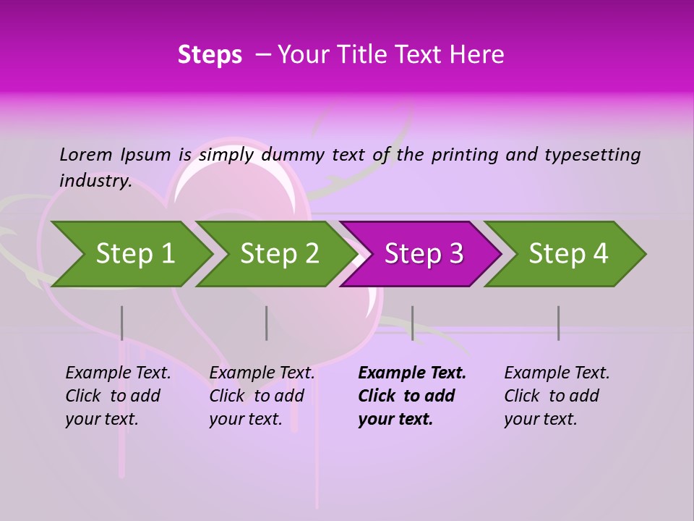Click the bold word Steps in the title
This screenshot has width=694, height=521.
point(210,54)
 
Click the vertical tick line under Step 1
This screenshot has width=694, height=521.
point(122,323)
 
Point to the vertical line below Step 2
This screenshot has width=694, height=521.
point(267,323)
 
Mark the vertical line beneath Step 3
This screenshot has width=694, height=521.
point(412,323)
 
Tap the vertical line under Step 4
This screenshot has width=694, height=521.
point(558,323)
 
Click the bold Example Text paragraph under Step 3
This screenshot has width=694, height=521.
point(411,396)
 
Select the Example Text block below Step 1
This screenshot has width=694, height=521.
point(118,396)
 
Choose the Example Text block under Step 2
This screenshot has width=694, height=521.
point(262,396)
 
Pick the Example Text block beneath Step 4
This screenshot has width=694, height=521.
point(557,396)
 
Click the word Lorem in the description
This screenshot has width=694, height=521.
point(86,154)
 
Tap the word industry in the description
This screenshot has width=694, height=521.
point(95,180)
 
